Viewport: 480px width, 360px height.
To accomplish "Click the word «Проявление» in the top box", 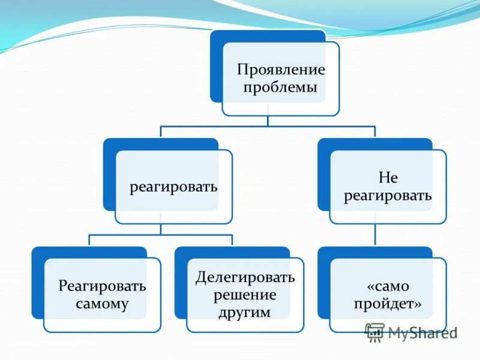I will (280, 69).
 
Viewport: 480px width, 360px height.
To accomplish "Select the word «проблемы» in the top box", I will (280, 88).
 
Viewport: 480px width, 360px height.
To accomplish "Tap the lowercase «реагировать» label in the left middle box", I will (173, 187).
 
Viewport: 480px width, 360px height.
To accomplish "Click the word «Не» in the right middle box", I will (388, 178).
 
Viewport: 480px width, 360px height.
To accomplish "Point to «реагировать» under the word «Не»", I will (388, 196).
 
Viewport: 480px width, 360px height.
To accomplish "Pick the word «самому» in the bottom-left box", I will (102, 304).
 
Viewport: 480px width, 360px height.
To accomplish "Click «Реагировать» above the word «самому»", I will (102, 285).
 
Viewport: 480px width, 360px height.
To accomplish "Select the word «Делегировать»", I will (245, 277).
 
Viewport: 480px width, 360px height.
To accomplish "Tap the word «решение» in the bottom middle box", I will (245, 295).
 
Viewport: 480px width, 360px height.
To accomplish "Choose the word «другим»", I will (245, 313).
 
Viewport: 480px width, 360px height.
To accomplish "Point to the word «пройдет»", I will (388, 304).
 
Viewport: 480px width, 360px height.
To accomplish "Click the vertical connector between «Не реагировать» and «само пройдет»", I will (376, 235).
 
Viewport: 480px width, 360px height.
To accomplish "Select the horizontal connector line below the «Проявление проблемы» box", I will (268, 127).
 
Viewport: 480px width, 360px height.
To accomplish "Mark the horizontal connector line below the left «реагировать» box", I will (160, 235).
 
